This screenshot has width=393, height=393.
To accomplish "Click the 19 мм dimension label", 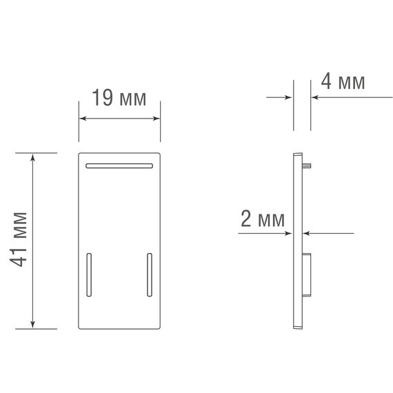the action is [x=119, y=97].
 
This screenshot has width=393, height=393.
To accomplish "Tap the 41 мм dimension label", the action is [x=18, y=239].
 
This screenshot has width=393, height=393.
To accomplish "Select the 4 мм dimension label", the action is [x=343, y=81].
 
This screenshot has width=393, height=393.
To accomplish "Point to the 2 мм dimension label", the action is [x=263, y=219].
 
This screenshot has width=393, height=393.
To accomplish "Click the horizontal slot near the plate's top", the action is [x=119, y=165].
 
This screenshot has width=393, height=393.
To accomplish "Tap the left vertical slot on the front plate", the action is [x=89, y=274].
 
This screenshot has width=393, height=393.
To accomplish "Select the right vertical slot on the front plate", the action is [x=150, y=274].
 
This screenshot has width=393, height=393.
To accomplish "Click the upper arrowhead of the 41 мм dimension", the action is [x=32, y=158].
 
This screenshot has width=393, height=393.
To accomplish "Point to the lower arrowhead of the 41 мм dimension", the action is [x=32, y=324].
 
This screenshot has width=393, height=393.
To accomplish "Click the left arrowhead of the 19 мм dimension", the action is [x=83, y=119].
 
